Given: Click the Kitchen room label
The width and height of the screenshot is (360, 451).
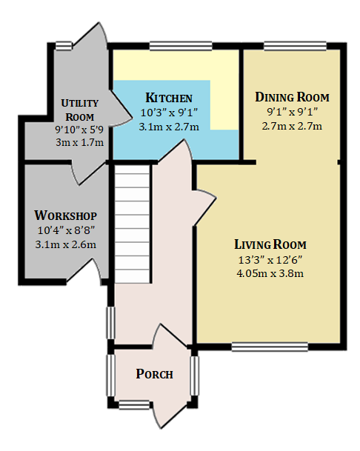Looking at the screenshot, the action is [169, 98].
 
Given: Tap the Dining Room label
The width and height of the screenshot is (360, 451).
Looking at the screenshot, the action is [292, 97].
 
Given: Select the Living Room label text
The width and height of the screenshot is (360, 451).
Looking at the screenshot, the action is [270, 244].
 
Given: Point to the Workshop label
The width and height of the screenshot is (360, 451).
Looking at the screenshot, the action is [66, 216].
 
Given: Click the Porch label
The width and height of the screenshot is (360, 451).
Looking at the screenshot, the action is [154, 374].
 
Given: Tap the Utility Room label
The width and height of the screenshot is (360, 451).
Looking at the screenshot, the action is [80, 110].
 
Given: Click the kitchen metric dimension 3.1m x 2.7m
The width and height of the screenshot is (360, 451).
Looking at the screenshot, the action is [169, 127].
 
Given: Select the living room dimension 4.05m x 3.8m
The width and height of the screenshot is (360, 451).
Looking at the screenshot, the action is [270, 273].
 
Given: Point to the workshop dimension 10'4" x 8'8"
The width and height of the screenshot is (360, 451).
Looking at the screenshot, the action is [66, 230].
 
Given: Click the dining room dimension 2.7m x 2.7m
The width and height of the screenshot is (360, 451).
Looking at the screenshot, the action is [292, 126].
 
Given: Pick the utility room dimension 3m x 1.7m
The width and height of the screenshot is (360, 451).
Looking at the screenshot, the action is [80, 142].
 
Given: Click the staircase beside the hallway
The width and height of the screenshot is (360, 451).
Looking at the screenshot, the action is [133, 224].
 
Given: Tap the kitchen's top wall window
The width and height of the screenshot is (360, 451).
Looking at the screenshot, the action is [181, 46].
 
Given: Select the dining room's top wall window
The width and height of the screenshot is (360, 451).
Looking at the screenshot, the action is [296, 46].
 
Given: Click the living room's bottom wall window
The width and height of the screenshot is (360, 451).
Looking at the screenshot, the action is [270, 347].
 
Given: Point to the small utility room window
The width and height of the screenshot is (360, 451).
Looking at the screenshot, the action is [64, 46].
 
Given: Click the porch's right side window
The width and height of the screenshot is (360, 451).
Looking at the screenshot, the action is [195, 375].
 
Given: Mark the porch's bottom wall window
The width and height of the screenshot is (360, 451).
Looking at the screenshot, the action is [134, 405].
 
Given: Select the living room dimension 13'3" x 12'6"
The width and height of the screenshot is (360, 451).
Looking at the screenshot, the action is [270, 260].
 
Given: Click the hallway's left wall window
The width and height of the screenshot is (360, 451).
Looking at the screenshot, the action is [111, 323].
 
